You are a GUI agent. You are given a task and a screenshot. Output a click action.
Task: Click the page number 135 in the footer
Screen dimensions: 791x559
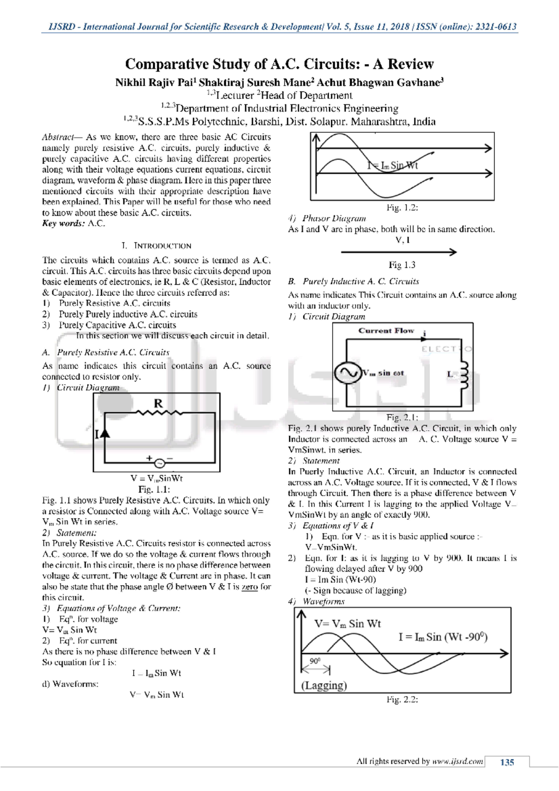point(507,762)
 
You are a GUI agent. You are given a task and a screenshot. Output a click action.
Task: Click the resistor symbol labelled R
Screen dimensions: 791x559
point(159,412)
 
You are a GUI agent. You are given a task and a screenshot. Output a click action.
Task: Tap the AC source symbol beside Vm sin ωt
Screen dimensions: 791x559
point(348,373)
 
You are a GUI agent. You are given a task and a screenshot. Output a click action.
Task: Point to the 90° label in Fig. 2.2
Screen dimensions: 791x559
point(315,661)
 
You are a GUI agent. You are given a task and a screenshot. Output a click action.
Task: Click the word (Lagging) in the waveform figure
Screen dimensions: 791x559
point(324,685)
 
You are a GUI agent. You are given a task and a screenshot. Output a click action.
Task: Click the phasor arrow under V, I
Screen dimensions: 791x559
point(399,252)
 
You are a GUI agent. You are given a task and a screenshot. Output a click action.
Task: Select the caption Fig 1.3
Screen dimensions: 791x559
point(402,265)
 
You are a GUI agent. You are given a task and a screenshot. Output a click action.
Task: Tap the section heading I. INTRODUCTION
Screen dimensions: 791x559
point(157,245)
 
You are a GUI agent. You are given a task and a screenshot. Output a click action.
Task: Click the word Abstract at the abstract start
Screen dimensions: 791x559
point(58,137)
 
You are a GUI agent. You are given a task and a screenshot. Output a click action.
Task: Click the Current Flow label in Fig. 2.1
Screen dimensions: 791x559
point(386,331)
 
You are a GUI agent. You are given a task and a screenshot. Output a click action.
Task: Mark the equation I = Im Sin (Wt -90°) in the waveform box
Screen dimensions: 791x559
point(443,637)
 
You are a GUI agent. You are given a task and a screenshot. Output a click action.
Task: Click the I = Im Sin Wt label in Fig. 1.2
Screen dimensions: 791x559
point(392,165)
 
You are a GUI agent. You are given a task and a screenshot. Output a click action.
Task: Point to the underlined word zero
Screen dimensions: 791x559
point(250,587)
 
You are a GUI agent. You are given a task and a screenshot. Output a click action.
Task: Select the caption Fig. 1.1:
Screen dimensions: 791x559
point(154,489)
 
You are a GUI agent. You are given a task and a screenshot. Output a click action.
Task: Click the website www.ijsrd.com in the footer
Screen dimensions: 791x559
point(457,762)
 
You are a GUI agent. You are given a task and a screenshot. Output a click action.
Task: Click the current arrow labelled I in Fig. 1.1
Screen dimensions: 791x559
point(105,434)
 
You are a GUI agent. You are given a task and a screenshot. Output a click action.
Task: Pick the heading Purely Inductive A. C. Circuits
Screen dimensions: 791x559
point(361,281)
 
